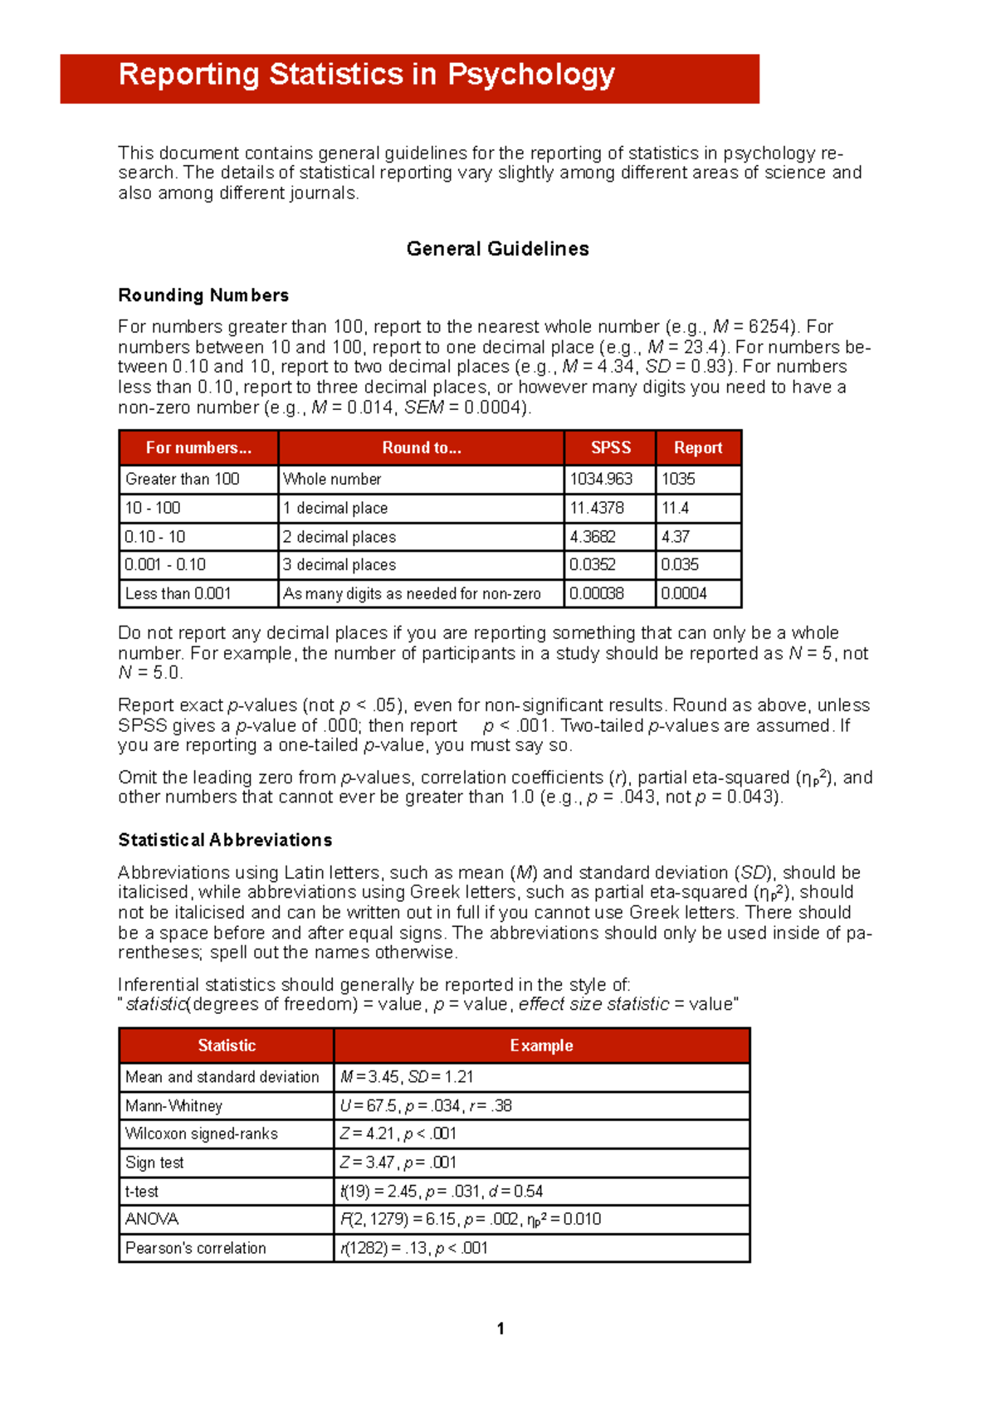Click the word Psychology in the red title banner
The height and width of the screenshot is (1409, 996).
click(531, 76)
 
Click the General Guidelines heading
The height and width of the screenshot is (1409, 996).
click(497, 249)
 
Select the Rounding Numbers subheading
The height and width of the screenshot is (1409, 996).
click(203, 295)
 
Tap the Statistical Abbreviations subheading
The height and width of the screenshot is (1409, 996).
click(225, 840)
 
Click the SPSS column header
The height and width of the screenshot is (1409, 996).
click(610, 448)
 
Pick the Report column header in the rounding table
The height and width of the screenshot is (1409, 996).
click(698, 448)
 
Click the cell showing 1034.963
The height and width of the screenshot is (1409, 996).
click(601, 479)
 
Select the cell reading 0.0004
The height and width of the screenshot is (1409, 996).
click(684, 593)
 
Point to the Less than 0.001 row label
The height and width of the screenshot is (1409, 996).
click(178, 593)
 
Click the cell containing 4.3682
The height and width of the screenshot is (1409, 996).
click(593, 537)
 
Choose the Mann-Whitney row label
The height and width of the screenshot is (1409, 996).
click(173, 1105)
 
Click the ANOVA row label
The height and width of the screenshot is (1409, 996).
click(152, 1219)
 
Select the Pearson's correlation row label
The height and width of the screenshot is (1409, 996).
click(196, 1248)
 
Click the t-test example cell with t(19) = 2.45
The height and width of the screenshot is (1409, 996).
click(442, 1192)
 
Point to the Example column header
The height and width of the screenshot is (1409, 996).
click(541, 1046)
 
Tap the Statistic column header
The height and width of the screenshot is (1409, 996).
click(227, 1046)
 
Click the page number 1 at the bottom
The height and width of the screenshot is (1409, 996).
click(500, 1329)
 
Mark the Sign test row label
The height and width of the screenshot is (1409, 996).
click(154, 1163)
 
